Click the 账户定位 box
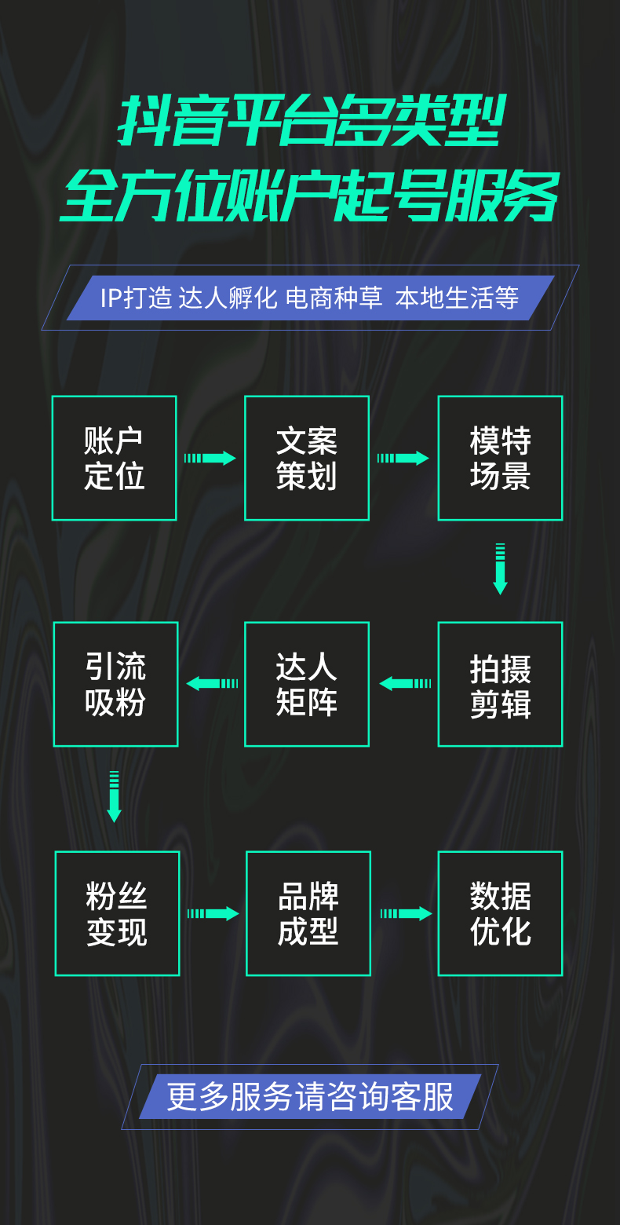[x=115, y=458]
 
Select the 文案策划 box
[x=307, y=458]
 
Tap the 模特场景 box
[x=500, y=458]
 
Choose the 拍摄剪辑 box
[x=500, y=684]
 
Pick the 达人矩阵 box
[x=307, y=684]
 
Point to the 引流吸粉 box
[x=116, y=684]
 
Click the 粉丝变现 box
[x=117, y=913]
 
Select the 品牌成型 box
[x=308, y=913]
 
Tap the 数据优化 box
[x=500, y=913]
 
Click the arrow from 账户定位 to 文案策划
[x=210, y=458]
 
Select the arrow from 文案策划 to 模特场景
[x=403, y=458]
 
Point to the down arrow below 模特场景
[x=500, y=569]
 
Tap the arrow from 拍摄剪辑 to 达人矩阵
[x=405, y=684]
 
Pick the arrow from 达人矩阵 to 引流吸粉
[x=212, y=684]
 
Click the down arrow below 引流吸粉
[x=115, y=797]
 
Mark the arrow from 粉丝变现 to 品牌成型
[x=213, y=913]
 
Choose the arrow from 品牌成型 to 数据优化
[x=406, y=913]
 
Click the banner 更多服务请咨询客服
[x=310, y=1097]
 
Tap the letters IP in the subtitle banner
[x=112, y=298]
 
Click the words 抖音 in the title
[x=169, y=122]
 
